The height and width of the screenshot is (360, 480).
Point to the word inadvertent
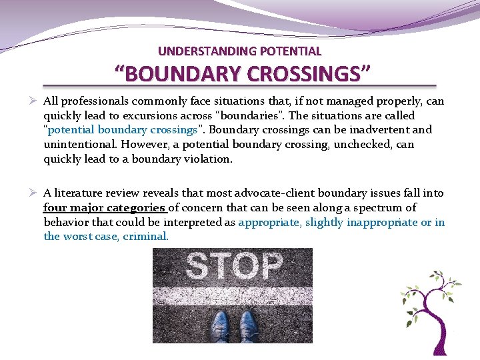(x=389, y=130)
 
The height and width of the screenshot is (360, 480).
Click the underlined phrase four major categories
(x=105, y=208)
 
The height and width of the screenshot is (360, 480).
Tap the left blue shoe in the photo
(x=219, y=325)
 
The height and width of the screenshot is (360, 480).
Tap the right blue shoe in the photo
(x=248, y=325)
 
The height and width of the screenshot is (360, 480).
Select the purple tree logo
(x=430, y=310)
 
